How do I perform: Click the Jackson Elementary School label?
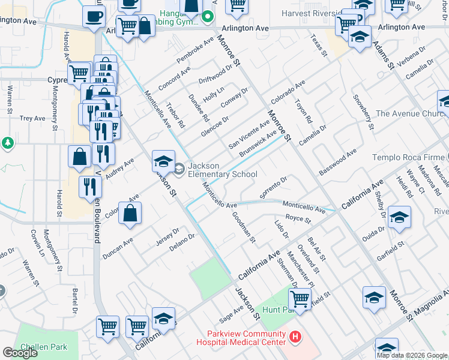222,170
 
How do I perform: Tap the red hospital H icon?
295,338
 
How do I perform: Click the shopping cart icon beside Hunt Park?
300,298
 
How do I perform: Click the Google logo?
20,353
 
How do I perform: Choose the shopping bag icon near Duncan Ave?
130,214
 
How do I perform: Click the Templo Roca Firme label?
410,157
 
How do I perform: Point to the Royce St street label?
298,219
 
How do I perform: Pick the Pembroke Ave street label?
195,51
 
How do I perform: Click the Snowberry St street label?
363,112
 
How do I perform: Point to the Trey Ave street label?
32,118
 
